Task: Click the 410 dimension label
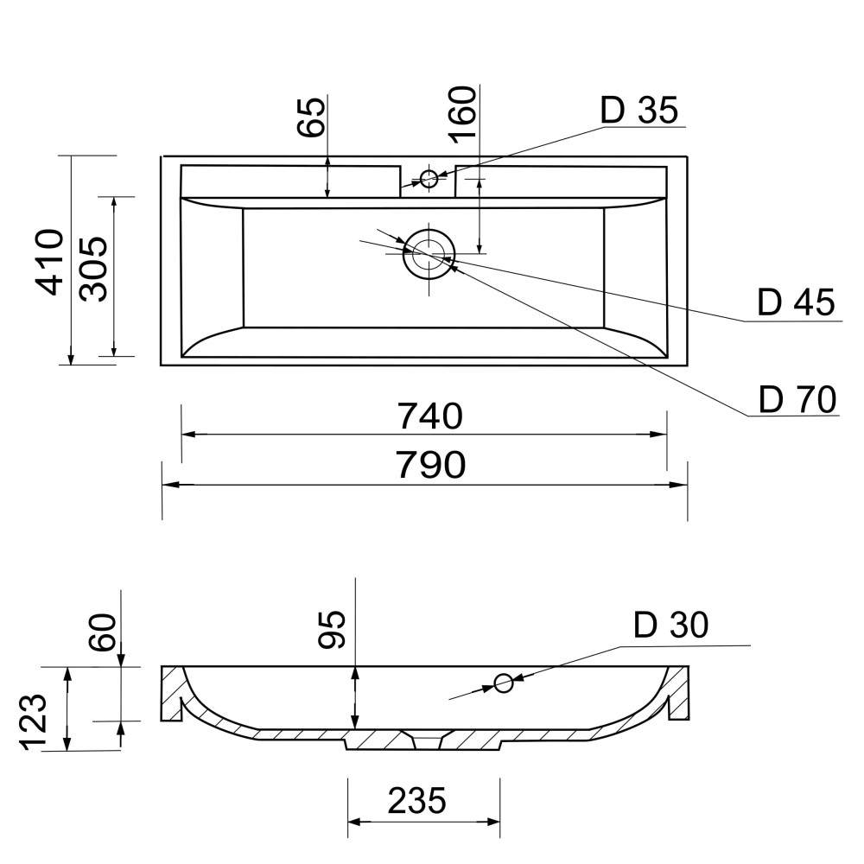point(49,262)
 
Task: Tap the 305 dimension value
point(92,269)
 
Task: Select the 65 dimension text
point(311,118)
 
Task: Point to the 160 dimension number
point(461,115)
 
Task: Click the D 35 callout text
point(639,110)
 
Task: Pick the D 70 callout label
point(797,399)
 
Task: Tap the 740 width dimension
point(430,416)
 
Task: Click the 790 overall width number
point(431,465)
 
